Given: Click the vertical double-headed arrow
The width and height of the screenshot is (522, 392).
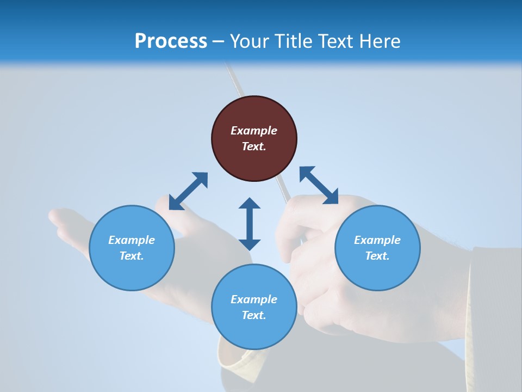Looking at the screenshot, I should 250,224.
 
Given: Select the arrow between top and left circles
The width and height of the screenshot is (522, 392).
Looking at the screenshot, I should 188,191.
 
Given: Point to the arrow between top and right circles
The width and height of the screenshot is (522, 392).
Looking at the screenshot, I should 319,185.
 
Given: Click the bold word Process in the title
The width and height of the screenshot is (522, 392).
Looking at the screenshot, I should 171,41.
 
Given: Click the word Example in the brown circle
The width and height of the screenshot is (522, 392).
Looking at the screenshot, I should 254,131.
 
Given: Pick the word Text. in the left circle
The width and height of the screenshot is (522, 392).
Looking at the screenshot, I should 132,256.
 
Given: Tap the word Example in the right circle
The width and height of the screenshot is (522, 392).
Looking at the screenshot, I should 377,240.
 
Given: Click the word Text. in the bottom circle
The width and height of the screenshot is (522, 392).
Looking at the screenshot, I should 254,315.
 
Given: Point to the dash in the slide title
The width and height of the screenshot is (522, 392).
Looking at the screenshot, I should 219,41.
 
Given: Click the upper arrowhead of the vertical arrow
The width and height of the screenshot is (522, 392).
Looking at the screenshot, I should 250,204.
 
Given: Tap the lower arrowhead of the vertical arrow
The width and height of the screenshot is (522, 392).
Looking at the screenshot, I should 250,243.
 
